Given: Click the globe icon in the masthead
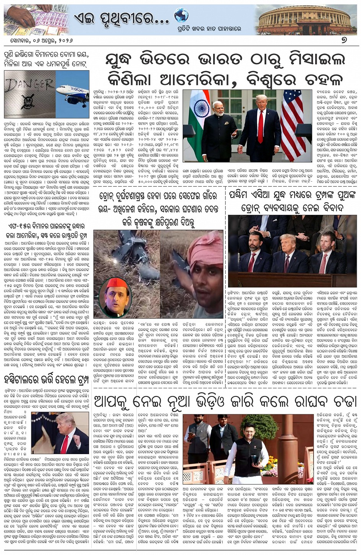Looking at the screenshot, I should coord(181,15).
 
